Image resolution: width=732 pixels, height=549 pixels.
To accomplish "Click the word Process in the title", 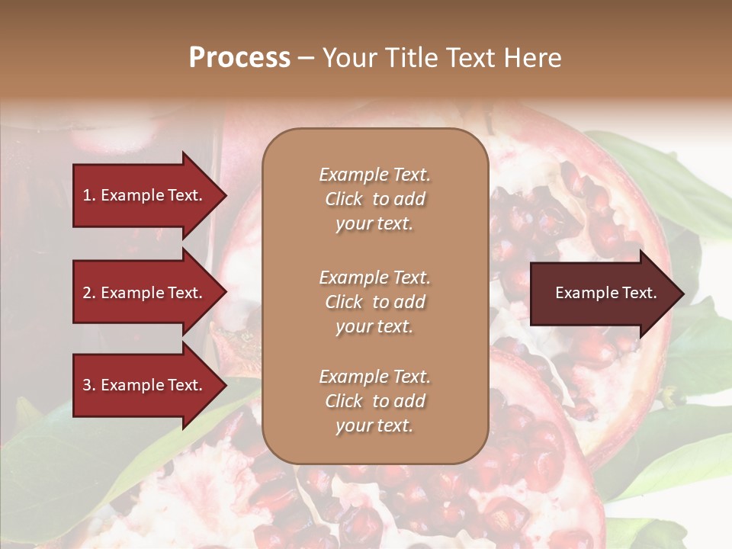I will click(x=239, y=58).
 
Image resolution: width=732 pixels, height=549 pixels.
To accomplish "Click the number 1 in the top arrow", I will click(x=86, y=195).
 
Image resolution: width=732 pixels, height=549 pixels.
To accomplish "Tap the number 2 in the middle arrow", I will click(x=87, y=293).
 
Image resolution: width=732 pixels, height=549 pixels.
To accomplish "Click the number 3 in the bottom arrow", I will click(x=87, y=385).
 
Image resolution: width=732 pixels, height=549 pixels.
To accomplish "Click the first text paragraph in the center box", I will click(x=374, y=199).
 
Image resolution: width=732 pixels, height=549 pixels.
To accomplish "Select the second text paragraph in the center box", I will click(x=374, y=302).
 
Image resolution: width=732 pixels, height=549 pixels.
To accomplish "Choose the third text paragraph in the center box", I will click(x=374, y=401).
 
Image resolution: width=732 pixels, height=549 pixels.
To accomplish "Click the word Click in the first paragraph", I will click(x=344, y=199).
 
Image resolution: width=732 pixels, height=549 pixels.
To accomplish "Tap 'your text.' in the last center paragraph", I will click(x=374, y=425).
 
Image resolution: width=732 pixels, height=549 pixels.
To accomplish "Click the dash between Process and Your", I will click(x=306, y=59).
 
